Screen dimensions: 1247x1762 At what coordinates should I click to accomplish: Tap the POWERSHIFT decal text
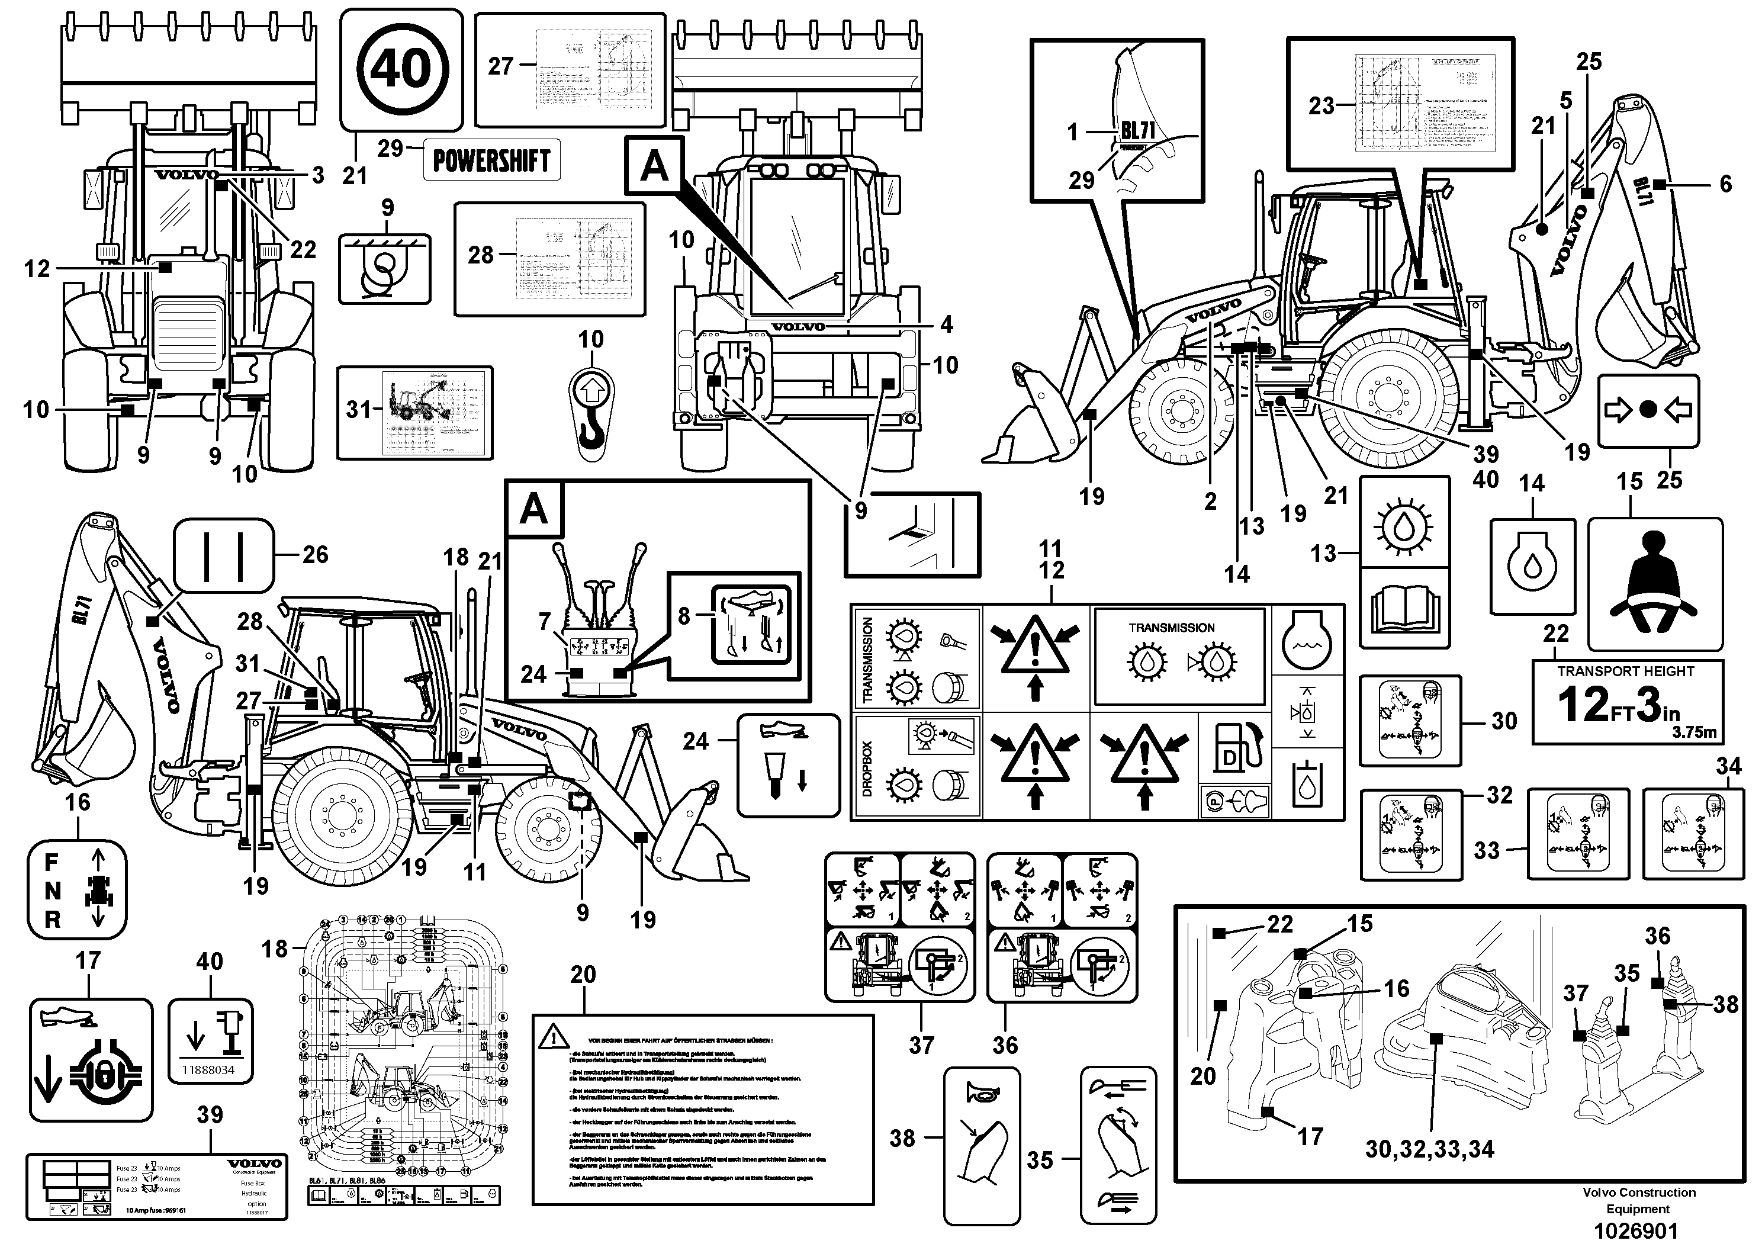(x=491, y=160)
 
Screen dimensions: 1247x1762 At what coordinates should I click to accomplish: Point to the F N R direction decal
(x=77, y=890)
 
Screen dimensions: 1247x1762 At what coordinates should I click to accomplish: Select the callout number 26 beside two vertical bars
(x=315, y=554)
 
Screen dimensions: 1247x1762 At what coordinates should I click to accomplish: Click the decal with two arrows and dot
(x=1648, y=411)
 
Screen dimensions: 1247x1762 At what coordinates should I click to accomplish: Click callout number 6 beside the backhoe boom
(x=1725, y=184)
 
